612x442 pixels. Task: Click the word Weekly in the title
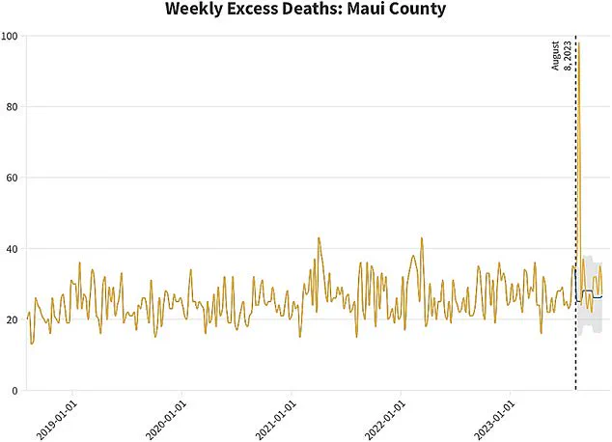pyautogui.click(x=198, y=11)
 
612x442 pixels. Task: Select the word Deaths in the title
pyautogui.click(x=320, y=11)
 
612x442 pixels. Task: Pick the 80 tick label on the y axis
pyautogui.click(x=14, y=107)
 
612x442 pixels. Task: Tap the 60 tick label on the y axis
pyautogui.click(x=14, y=178)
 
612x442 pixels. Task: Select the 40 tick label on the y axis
pyautogui.click(x=14, y=249)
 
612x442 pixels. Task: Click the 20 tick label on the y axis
pyautogui.click(x=14, y=319)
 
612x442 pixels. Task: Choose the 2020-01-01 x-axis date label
pyautogui.click(x=167, y=418)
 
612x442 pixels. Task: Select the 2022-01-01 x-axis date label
pyautogui.click(x=386, y=418)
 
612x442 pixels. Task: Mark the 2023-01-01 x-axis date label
pyautogui.click(x=495, y=418)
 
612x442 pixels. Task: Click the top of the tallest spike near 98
pyautogui.click(x=578, y=44)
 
